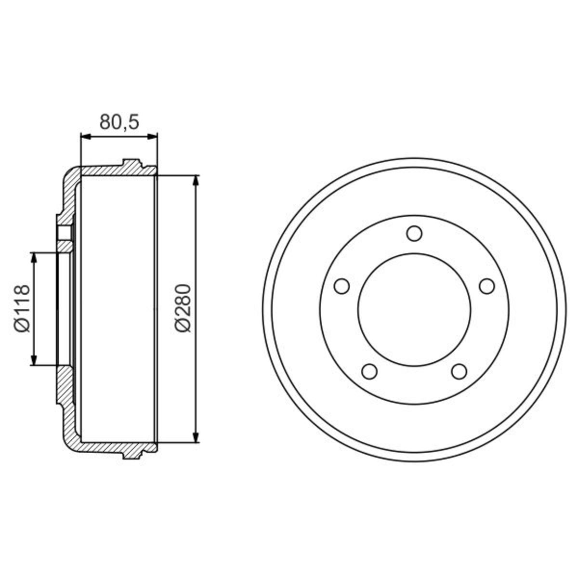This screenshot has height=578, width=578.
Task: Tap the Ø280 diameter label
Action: point(183,308)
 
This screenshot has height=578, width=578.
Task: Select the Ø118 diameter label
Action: point(22,309)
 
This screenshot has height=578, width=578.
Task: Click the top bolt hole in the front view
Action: point(414,233)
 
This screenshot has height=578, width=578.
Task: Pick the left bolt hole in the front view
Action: point(342,286)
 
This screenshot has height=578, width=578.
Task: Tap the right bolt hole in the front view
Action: point(487,286)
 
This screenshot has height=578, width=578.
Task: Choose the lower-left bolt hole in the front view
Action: point(369,371)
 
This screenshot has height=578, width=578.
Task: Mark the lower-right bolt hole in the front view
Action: point(459,371)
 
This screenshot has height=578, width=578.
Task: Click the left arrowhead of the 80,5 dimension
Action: point(86,137)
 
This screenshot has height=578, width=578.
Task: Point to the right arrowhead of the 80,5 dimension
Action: point(152,137)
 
